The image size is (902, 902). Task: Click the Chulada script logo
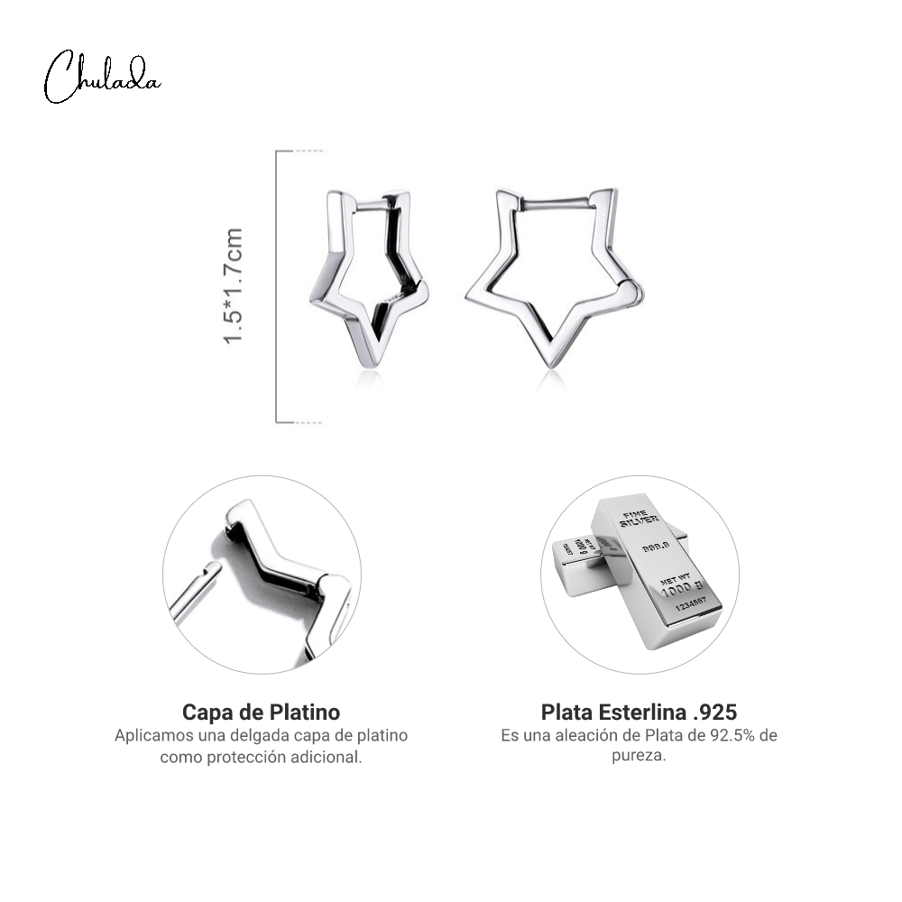click(102, 78)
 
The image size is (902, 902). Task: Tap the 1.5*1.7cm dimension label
click(234, 286)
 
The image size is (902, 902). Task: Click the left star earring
click(369, 279)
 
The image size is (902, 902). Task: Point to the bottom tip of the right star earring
click(551, 366)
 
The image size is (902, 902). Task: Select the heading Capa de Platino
click(262, 713)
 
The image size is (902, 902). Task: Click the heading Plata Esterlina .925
click(639, 713)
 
